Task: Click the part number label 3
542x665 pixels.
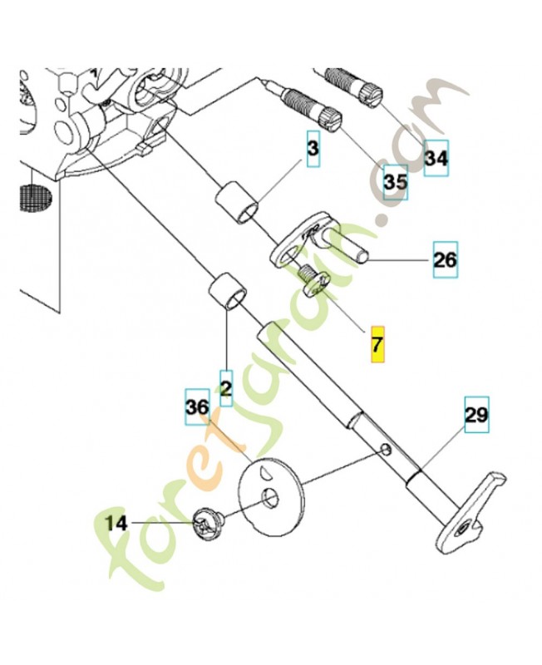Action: (x=313, y=150)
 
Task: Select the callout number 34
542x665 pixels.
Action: (x=436, y=157)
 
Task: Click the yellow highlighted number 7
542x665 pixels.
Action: (x=377, y=344)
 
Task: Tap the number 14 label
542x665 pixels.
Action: (x=118, y=523)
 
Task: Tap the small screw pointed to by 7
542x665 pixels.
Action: (x=312, y=278)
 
